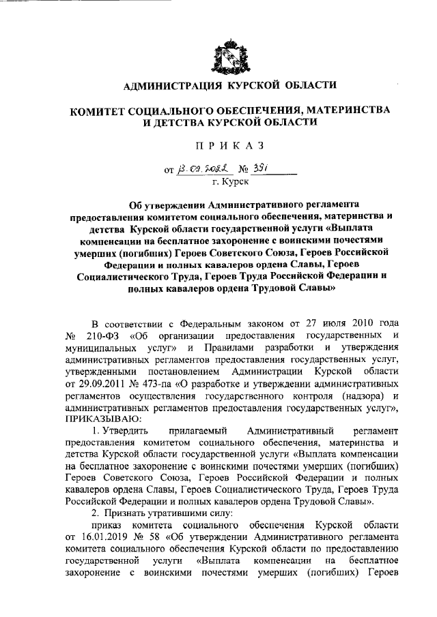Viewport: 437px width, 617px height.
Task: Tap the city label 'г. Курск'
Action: (231, 181)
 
